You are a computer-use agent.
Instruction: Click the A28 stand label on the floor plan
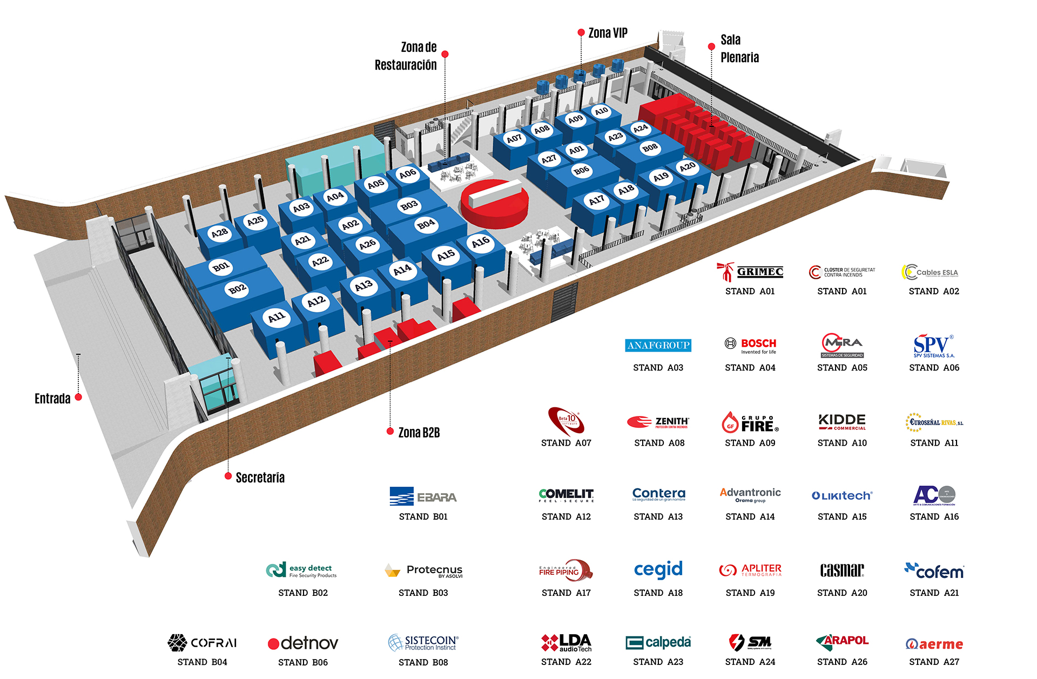[219, 233]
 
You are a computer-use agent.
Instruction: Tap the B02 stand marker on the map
[237, 289]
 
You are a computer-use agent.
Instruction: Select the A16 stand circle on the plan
[481, 243]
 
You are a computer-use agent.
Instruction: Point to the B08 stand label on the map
[650, 147]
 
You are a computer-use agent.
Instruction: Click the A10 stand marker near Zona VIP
[601, 111]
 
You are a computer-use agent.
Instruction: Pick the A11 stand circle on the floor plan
[277, 317]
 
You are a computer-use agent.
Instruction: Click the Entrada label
[52, 399]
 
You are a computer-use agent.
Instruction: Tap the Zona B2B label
[419, 433]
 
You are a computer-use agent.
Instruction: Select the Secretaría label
[260, 478]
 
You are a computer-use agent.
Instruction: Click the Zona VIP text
[608, 33]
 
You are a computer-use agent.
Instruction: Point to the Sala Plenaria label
[739, 49]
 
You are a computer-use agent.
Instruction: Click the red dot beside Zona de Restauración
[445, 54]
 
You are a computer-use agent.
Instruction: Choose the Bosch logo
[750, 345]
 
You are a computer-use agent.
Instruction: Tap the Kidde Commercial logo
[842, 422]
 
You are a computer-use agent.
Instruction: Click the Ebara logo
[423, 496]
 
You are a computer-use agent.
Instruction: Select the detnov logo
[303, 643]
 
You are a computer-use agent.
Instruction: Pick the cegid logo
[658, 569]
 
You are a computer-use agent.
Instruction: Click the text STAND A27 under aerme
[934, 662]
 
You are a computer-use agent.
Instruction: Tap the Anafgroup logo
[658, 345]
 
